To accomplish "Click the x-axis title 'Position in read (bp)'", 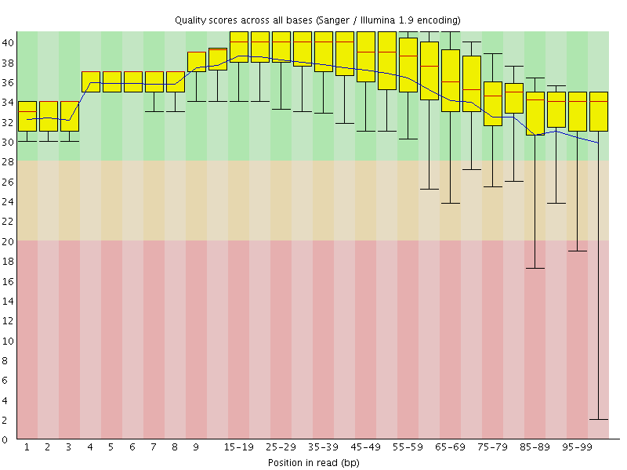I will [x=313, y=462].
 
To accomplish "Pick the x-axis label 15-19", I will [x=239, y=446].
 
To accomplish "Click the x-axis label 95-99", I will [x=578, y=446].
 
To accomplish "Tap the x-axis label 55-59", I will [x=408, y=446].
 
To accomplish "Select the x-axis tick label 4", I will [x=90, y=446].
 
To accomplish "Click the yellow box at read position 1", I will [x=27, y=116].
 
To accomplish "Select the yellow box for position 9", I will [x=197, y=61].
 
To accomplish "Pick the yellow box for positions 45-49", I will [x=366, y=56].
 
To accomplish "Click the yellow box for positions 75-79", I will [x=493, y=103].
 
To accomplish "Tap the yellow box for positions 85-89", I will [x=535, y=114].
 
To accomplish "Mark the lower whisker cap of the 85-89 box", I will [x=535, y=268].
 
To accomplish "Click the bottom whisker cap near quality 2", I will [x=599, y=419].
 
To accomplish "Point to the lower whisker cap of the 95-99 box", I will [x=578, y=251].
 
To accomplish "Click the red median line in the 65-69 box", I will [x=451, y=81].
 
